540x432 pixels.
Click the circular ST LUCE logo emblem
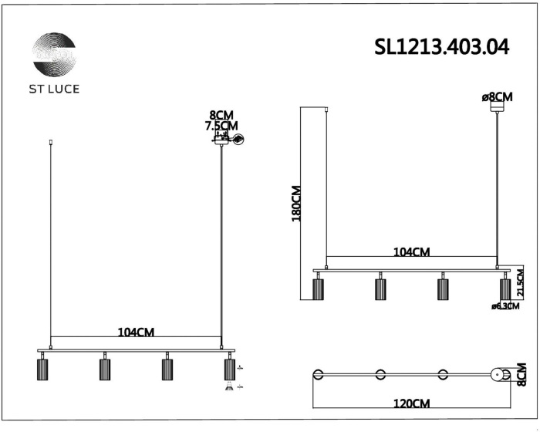55,55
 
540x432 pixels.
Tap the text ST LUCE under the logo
55,88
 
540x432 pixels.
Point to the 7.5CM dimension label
221,126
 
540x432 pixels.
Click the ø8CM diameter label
497,97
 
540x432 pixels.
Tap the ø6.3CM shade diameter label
505,307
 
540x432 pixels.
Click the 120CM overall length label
411,403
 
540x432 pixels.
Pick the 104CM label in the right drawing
411,252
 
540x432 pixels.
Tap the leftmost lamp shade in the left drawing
42,370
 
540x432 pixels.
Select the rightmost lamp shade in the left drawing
228,370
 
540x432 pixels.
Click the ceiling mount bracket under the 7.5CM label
222,139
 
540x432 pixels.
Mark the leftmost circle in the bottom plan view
317,376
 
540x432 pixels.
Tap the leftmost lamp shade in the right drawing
317,289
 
